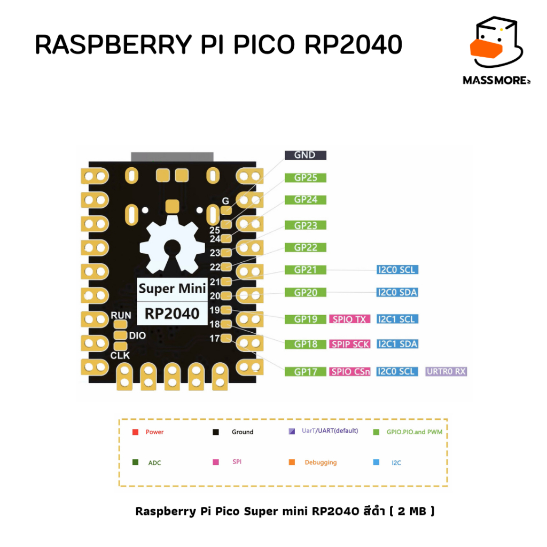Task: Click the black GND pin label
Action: click(304, 155)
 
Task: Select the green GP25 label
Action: click(306, 178)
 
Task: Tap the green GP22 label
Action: click(306, 248)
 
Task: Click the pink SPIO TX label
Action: click(350, 319)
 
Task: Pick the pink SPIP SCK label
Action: click(350, 345)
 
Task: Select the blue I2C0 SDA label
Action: click(397, 293)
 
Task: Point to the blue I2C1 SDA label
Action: click(397, 345)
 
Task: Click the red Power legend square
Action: click(135, 432)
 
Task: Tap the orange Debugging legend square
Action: click(292, 462)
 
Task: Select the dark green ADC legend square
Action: click(135, 462)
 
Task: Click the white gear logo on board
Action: click(172, 246)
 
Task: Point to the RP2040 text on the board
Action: click(172, 314)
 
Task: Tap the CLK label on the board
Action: click(120, 355)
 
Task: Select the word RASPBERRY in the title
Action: click(112, 46)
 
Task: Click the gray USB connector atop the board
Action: click(172, 156)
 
